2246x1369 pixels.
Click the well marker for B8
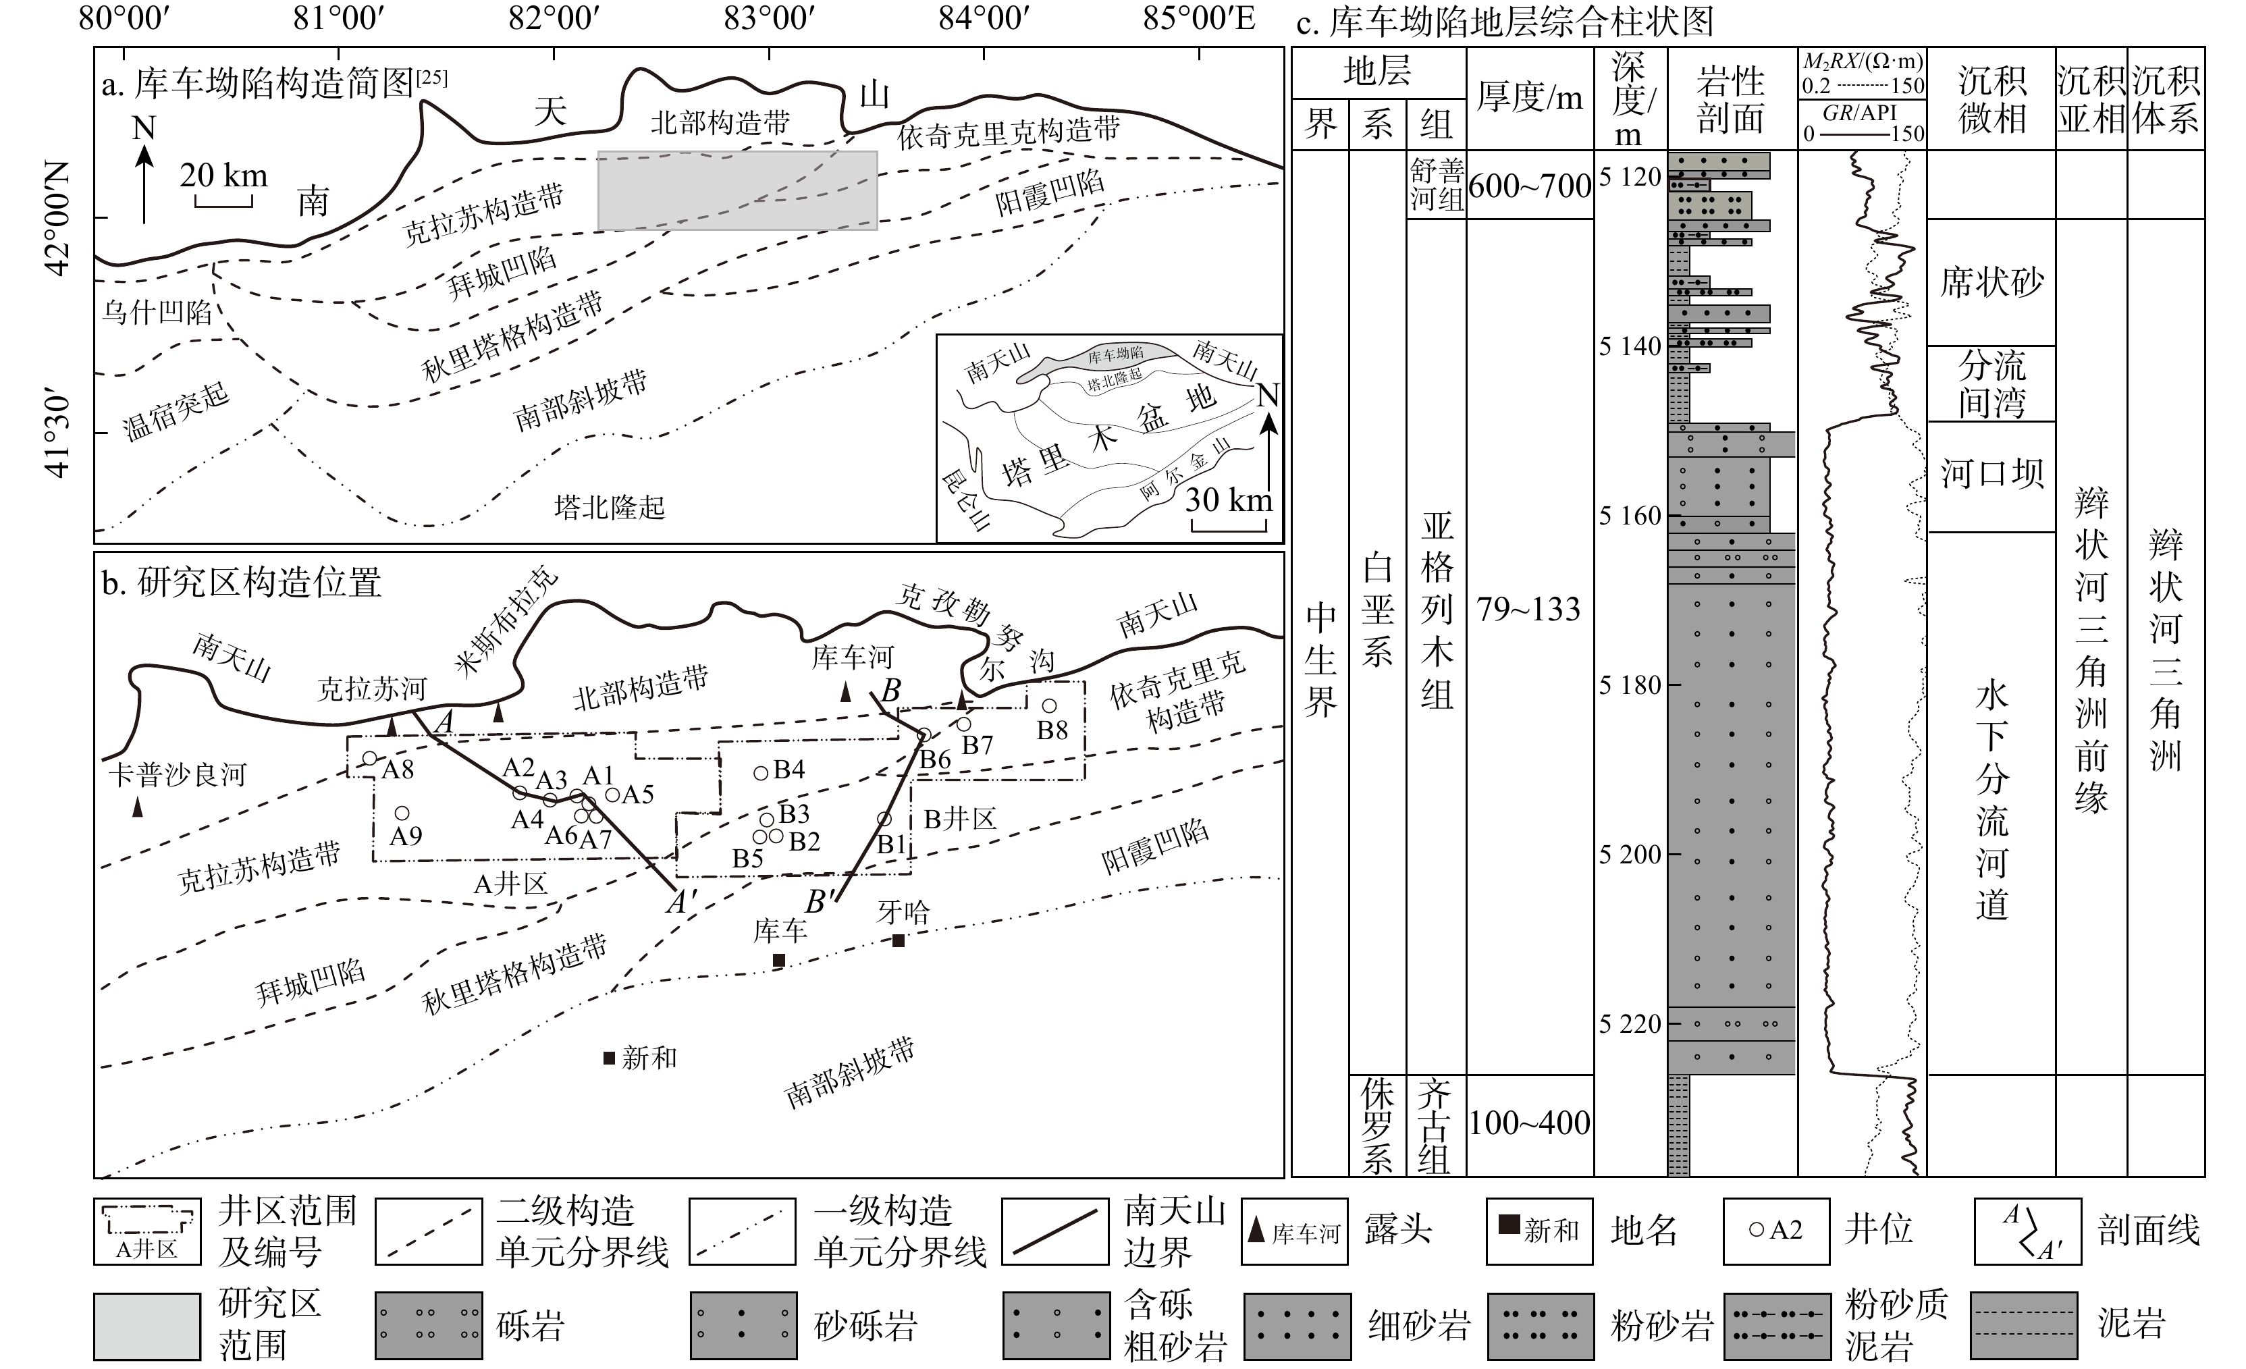[x=1049, y=706]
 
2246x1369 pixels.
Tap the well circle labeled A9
[x=401, y=813]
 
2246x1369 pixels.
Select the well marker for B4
[x=761, y=773]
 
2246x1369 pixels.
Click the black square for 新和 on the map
[x=609, y=1057]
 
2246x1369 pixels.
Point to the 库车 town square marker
[x=779, y=960]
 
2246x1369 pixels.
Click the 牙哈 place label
[x=903, y=911]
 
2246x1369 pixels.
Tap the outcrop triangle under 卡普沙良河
[x=138, y=807]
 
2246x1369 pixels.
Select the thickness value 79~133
[x=1528, y=609]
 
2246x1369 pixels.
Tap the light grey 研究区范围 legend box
[x=146, y=1327]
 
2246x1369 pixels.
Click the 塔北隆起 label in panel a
[x=610, y=507]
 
